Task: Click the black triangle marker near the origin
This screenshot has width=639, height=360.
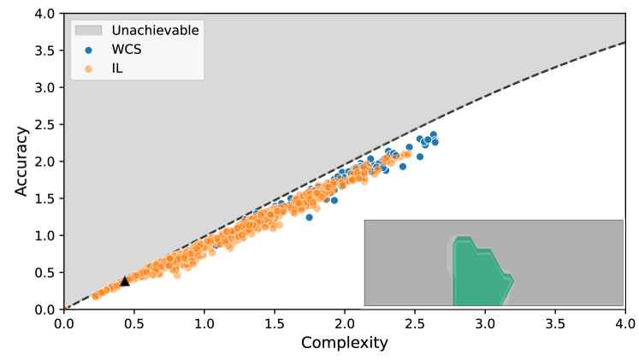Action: pyautogui.click(x=125, y=280)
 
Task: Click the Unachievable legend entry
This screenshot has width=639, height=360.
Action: pyautogui.click(x=155, y=31)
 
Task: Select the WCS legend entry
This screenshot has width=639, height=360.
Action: pyautogui.click(x=126, y=50)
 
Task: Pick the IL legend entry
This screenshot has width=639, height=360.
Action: pyautogui.click(x=117, y=68)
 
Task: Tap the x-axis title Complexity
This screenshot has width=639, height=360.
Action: pyautogui.click(x=344, y=344)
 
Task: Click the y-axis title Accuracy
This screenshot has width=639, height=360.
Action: pyautogui.click(x=22, y=161)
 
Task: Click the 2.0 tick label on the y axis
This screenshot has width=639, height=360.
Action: pyautogui.click(x=46, y=162)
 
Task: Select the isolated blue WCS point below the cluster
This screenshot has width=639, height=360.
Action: pyautogui.click(x=309, y=217)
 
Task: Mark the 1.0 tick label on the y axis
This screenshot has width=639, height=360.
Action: pyautogui.click(x=46, y=235)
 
